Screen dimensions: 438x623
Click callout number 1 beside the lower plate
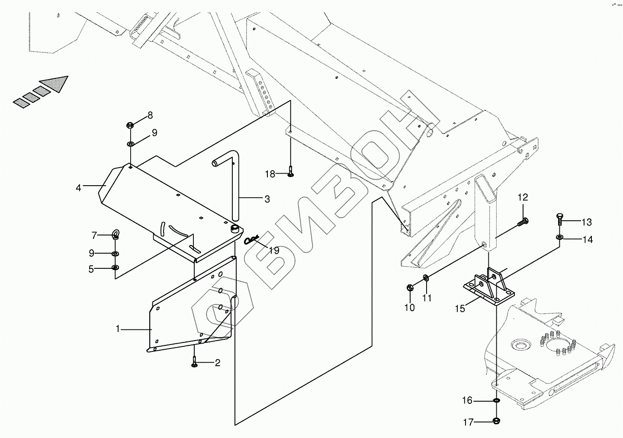117,329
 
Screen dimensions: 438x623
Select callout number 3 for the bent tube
267,199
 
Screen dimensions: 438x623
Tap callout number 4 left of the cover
78,188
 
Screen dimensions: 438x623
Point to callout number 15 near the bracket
459,309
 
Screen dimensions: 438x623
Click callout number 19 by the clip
274,250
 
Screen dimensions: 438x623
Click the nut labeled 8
129,126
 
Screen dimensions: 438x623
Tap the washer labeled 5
115,268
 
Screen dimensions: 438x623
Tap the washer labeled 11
425,277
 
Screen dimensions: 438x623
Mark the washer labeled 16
496,401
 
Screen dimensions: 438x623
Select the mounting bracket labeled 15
489,287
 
